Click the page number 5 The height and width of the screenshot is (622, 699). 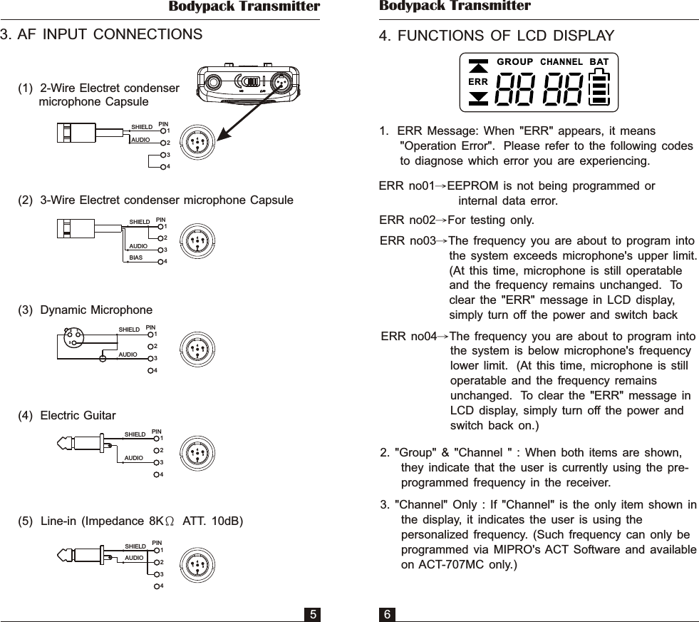pos(312,613)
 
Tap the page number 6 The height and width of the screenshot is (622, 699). pos(387,613)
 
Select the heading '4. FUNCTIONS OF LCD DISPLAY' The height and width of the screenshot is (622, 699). pos(497,36)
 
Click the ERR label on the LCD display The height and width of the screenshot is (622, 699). pos(478,82)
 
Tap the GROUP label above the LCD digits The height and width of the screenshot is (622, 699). pos(514,61)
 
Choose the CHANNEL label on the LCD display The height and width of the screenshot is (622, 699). pos(562,61)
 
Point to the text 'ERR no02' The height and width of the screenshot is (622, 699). pos(407,219)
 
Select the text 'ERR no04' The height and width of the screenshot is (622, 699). pos(409,337)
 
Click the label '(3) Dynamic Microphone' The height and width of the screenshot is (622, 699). pos(86,310)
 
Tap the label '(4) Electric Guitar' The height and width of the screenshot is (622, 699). pos(67,415)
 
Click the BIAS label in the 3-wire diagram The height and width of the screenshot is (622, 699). pos(136,258)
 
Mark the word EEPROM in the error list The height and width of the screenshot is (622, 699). pos(471,186)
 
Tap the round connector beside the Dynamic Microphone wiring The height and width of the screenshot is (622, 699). pos(195,349)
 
